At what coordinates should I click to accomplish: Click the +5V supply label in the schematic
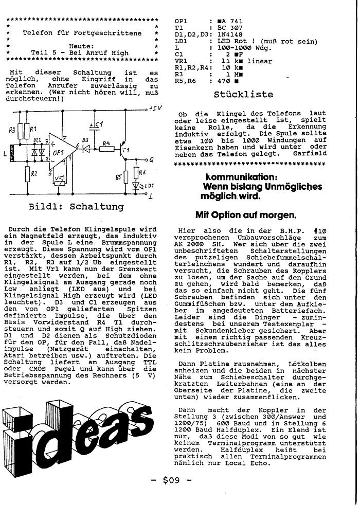tap(155, 109)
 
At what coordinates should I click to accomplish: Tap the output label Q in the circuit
tap(151, 159)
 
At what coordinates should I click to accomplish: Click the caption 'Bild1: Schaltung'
tap(76, 207)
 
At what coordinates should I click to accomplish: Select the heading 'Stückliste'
tap(243, 94)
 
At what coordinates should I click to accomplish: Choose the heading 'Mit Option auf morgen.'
tap(245, 215)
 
